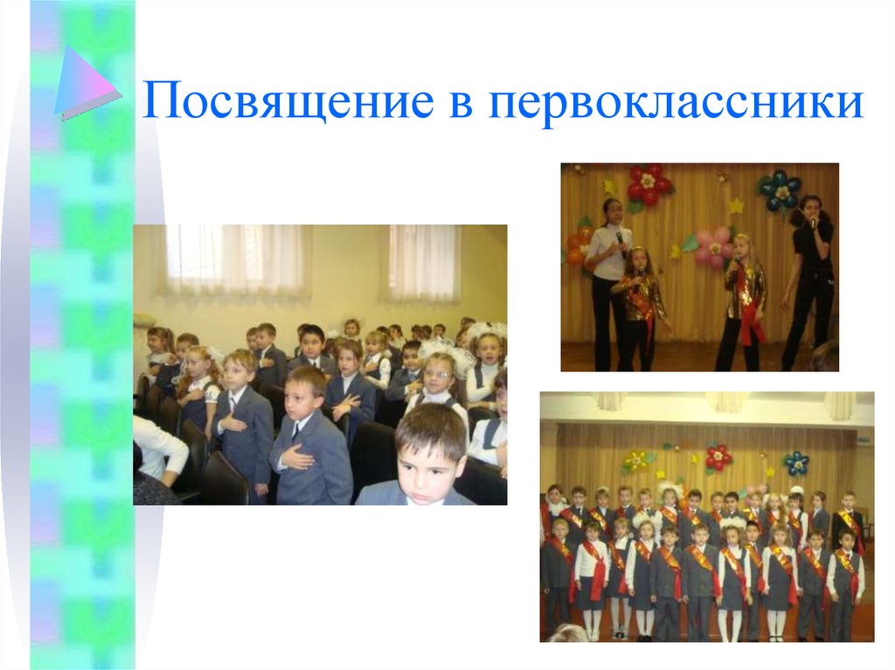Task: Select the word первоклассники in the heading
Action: (x=676, y=102)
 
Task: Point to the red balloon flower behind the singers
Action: (x=648, y=184)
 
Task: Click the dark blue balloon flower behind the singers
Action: (x=780, y=190)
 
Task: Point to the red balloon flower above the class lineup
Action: (x=718, y=456)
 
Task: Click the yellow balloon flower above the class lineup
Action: (x=637, y=459)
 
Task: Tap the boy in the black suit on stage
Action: (x=846, y=524)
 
